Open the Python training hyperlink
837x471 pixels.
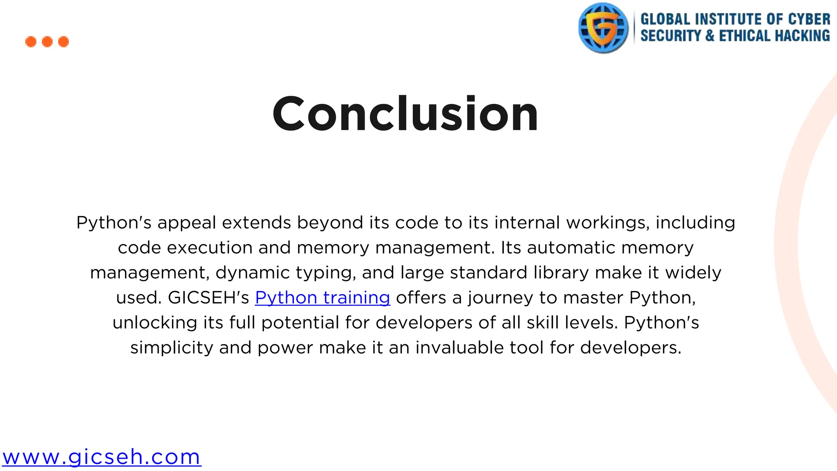tap(322, 298)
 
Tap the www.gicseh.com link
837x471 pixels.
tap(101, 457)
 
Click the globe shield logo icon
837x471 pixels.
tap(603, 28)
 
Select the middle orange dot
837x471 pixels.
tap(47, 42)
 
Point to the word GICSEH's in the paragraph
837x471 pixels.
tap(208, 298)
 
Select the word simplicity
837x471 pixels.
tap(172, 348)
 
